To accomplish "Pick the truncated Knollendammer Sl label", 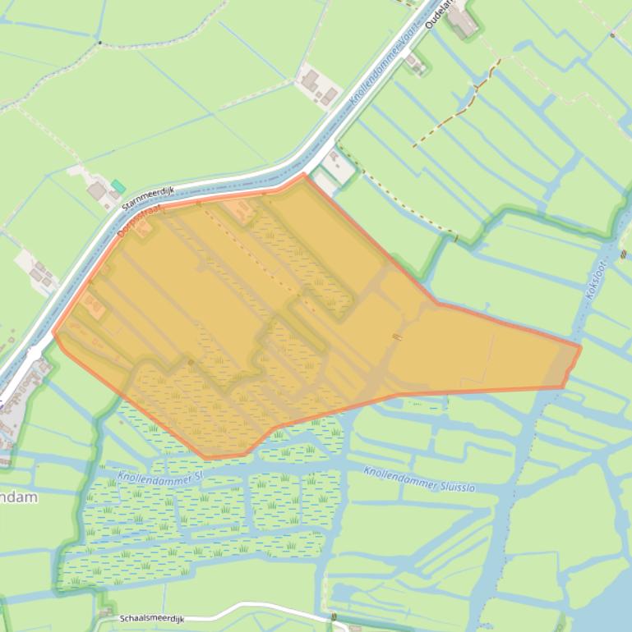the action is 159,477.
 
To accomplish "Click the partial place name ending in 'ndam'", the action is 18,497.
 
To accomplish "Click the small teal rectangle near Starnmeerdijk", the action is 119,186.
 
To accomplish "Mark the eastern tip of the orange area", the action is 580,347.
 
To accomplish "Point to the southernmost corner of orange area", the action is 205,457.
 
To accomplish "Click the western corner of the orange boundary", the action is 53,335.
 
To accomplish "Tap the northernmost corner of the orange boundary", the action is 305,174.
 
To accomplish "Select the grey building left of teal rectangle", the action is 97,191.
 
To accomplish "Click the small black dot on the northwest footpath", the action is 99,43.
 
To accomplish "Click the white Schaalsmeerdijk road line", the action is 247,607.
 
